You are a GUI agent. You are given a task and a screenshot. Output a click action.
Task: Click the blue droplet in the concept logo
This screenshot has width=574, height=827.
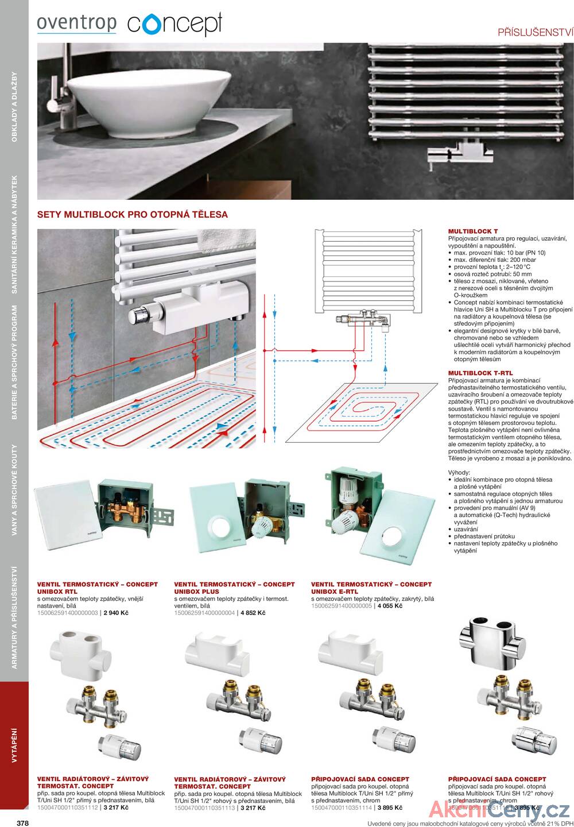[153, 25]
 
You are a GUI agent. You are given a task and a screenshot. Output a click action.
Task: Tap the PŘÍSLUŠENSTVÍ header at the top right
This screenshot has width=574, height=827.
[536, 33]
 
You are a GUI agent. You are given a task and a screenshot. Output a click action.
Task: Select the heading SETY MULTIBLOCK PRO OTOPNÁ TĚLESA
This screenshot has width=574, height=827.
[133, 215]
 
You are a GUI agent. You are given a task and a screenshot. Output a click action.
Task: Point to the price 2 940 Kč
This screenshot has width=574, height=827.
[116, 613]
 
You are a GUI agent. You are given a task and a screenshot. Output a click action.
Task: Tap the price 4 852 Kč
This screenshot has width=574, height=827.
[253, 613]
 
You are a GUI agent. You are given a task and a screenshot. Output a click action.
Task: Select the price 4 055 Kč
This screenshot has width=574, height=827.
[390, 606]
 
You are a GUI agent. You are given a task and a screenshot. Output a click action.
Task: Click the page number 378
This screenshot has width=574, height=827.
[22, 823]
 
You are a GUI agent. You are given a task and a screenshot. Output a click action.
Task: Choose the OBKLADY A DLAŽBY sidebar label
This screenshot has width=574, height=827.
[14, 106]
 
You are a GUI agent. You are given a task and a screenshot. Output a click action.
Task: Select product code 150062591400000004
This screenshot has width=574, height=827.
[204, 613]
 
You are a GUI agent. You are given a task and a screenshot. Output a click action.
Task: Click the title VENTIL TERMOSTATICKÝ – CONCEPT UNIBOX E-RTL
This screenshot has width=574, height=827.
[371, 588]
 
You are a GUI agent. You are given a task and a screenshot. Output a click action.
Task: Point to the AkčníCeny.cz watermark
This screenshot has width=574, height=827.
[499, 810]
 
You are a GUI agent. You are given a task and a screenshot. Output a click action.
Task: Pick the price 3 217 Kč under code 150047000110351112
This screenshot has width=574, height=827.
[116, 807]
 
